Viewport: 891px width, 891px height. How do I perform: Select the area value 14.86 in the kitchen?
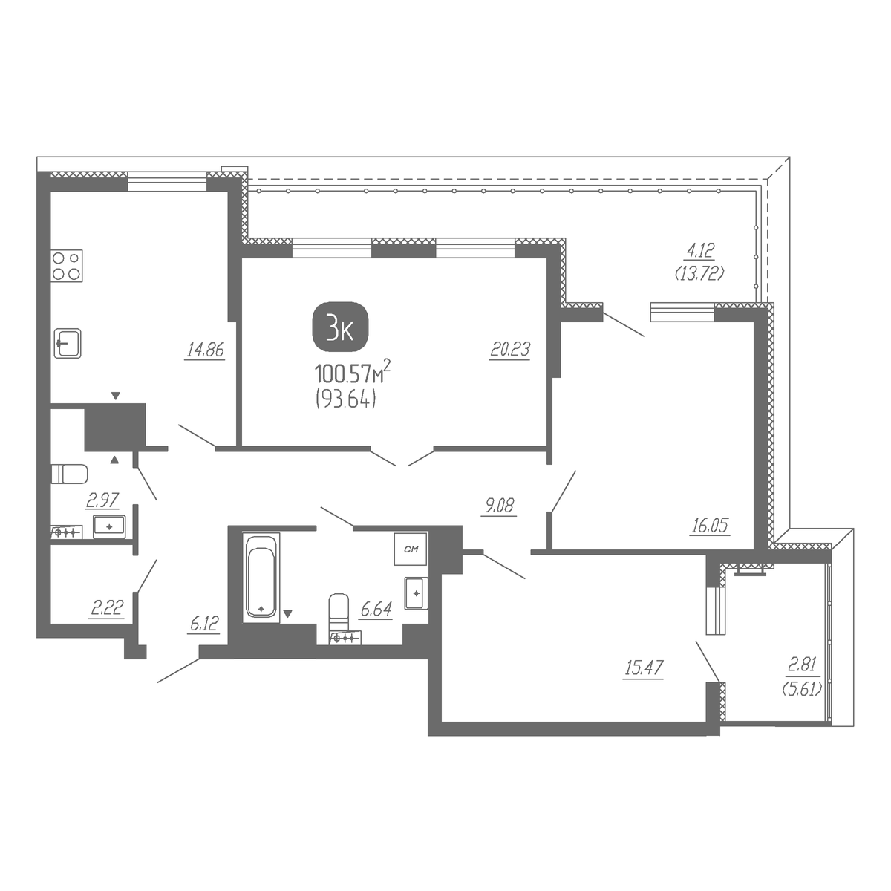pos(205,350)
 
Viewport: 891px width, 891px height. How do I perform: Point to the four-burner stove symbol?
pos(67,266)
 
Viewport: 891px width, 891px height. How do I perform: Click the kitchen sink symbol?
pos(68,342)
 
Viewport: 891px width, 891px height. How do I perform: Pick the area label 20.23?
pos(510,349)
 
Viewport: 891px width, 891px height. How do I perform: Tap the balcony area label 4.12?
pos(700,251)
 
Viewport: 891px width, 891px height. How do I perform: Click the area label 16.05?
pos(710,526)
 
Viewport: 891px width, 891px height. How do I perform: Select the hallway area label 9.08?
pos(499,506)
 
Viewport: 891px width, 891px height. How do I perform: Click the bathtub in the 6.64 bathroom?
pos(261,578)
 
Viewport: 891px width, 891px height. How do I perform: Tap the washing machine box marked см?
pos(411,549)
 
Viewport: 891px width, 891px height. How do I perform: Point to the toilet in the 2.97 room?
pos(69,474)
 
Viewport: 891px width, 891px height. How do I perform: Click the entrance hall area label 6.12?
pos(204,624)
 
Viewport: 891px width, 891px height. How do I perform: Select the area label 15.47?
pos(644,668)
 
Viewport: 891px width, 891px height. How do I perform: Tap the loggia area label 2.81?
pos(802,665)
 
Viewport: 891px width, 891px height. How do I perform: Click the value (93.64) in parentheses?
pos(345,399)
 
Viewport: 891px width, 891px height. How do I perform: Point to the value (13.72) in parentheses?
pos(699,274)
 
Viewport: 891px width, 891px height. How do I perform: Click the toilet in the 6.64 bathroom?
pos(339,611)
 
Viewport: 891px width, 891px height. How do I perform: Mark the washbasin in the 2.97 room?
pos(109,526)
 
